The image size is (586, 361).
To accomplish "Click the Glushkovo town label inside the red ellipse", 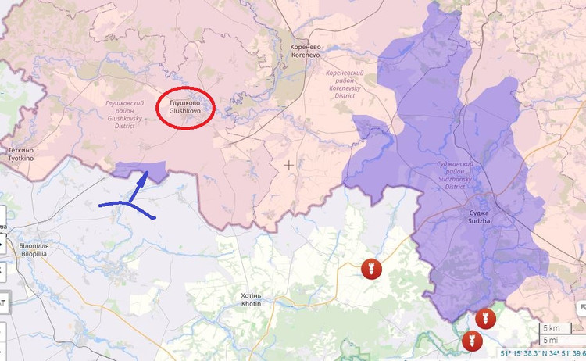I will click(185, 107).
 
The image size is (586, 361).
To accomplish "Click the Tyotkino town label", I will click(21, 153).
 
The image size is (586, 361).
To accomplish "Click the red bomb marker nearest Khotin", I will click(371, 269).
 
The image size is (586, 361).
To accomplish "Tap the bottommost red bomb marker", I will click(471, 341).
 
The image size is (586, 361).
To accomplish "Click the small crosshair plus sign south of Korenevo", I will click(289, 165).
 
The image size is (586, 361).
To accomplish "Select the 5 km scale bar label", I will click(551, 327).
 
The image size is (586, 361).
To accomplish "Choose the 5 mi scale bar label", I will click(551, 340).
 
